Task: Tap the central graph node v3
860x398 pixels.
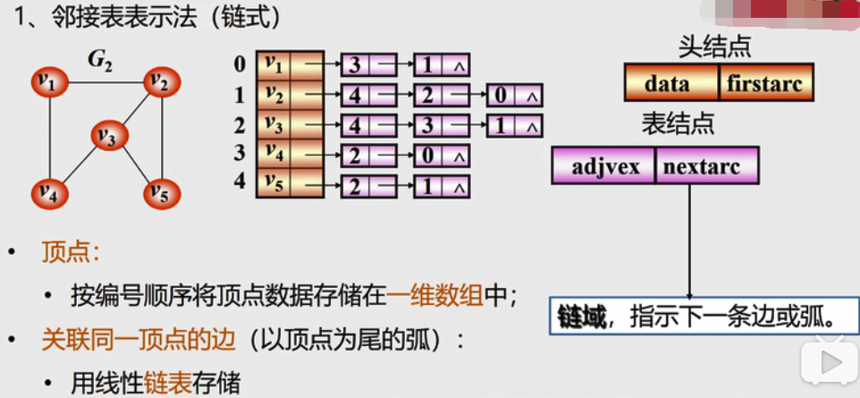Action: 107,137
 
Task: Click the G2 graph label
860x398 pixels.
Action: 99,61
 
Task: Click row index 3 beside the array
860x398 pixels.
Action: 239,154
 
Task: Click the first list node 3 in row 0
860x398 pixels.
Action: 355,65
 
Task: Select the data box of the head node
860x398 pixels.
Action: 671,83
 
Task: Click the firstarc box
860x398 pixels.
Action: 766,83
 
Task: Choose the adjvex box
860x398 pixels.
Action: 604,166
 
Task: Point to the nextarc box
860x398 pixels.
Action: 707,166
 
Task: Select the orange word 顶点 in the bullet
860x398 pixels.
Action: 64,253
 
